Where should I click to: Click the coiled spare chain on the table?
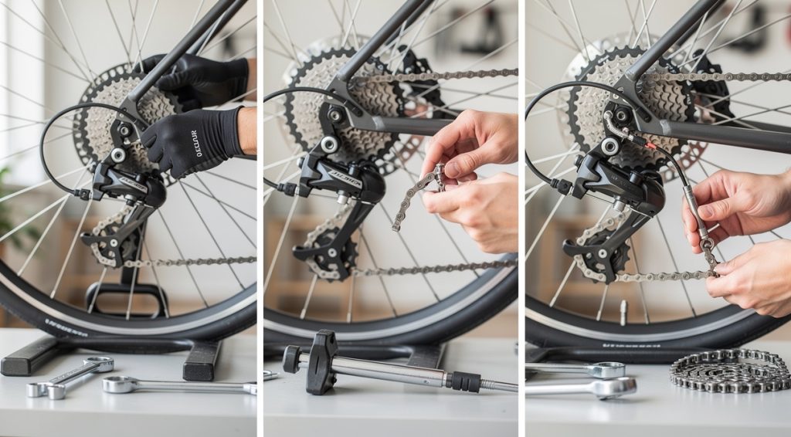tap(731, 370)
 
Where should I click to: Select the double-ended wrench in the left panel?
tap(70, 376)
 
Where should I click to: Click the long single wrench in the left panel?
tap(178, 384)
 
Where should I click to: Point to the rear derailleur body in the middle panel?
tap(340, 181)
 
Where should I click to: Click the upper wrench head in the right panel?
tap(606, 369)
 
